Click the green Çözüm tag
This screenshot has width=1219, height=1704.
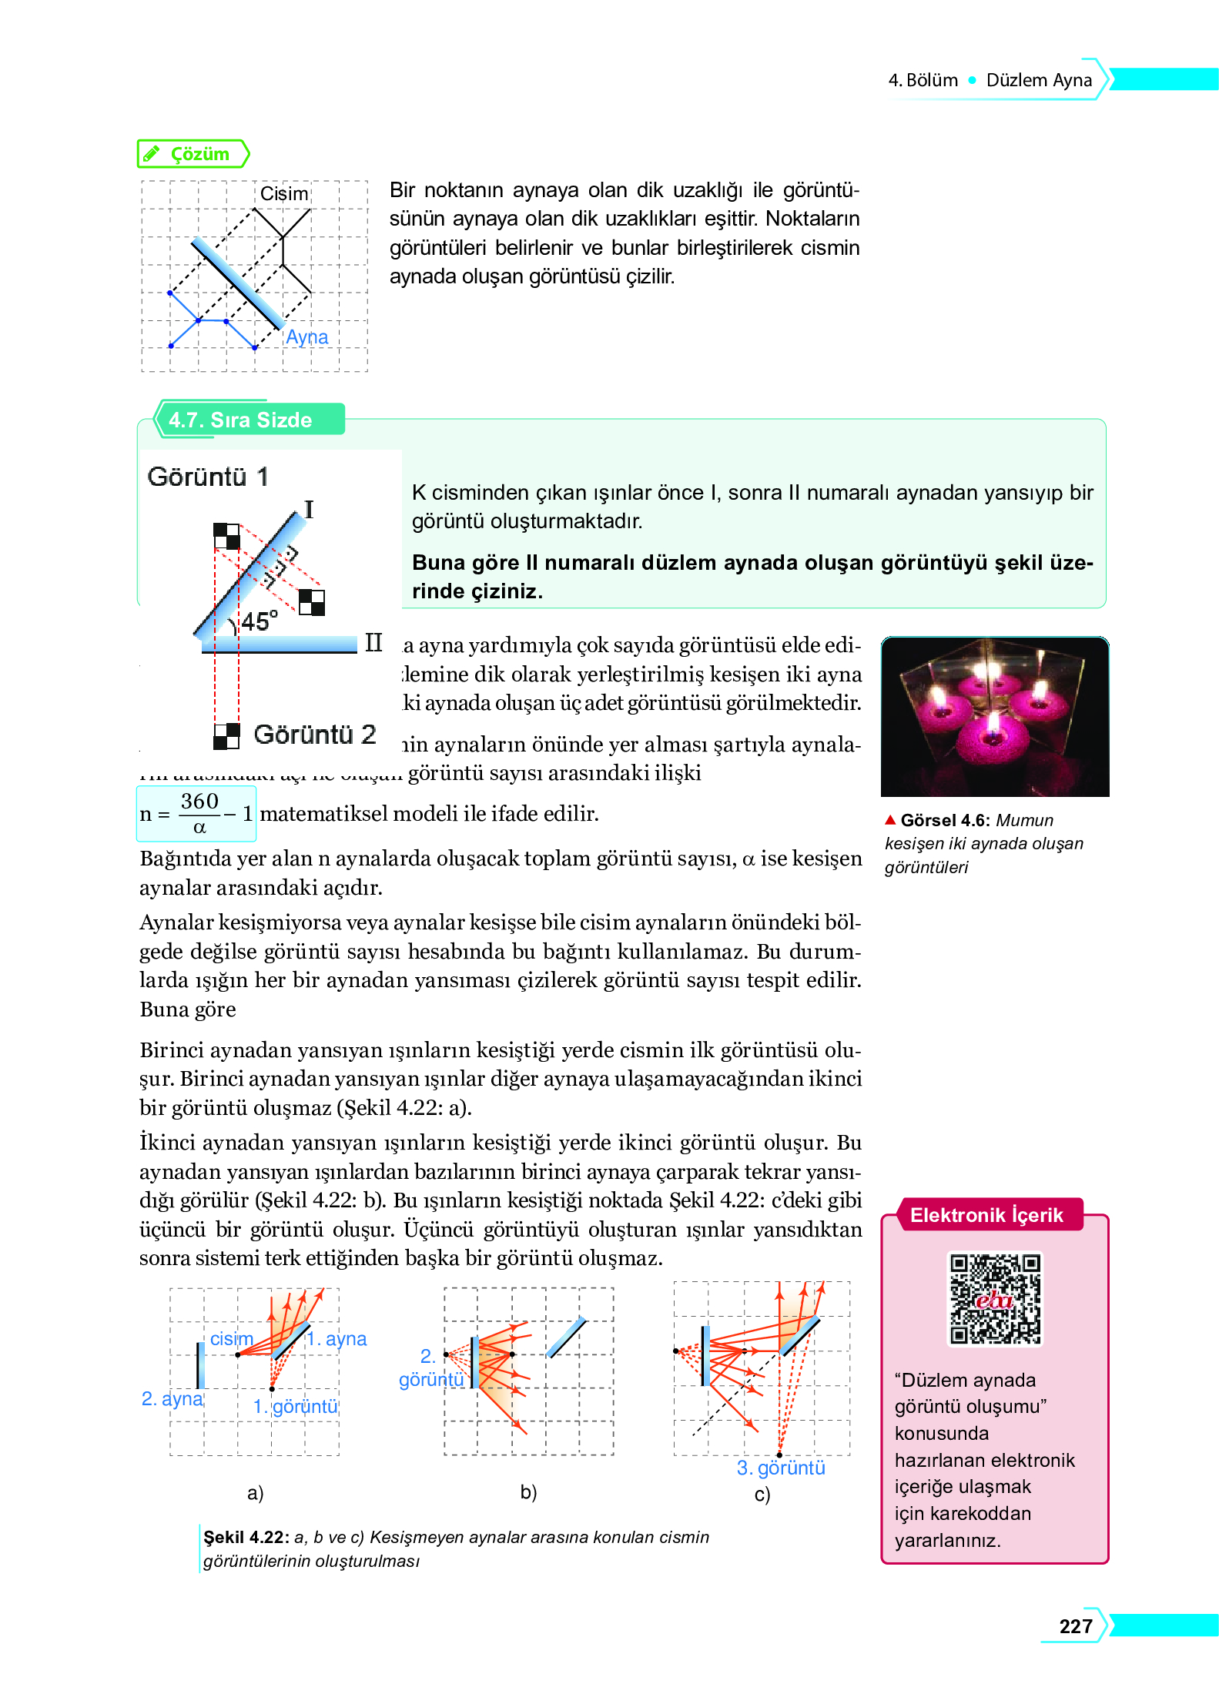click(193, 154)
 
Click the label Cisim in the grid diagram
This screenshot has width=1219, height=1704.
click(283, 193)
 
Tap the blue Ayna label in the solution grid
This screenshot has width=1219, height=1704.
click(306, 337)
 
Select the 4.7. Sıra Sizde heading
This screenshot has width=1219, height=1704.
click(239, 420)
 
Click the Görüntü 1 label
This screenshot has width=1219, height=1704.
click(208, 477)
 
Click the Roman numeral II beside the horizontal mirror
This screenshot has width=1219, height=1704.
click(373, 642)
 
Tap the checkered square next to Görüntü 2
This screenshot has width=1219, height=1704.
click(226, 736)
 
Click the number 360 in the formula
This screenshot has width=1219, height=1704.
click(199, 801)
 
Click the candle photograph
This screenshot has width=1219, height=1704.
click(994, 716)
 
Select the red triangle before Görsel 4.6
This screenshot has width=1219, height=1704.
click(890, 819)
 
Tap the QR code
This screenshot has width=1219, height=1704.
click(994, 1299)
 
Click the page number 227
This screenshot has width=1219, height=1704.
click(1075, 1626)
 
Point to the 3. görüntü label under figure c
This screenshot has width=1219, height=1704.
click(780, 1468)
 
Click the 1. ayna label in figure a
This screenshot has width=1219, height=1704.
click(337, 1339)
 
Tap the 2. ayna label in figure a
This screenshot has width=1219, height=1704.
click(172, 1398)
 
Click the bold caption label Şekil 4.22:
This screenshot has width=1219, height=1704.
click(246, 1537)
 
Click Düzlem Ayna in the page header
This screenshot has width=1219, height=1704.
click(1038, 80)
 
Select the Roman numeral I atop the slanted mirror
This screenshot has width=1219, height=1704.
click(309, 509)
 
